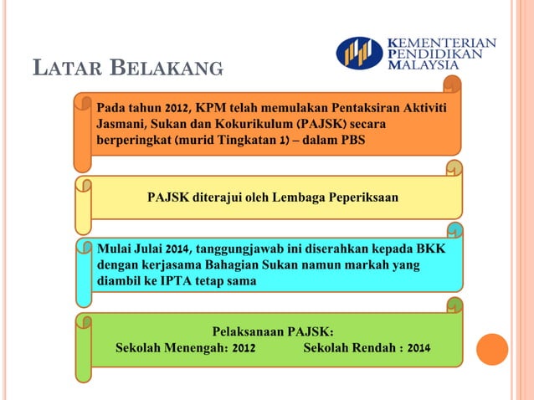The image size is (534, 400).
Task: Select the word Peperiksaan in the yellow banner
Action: click(360, 197)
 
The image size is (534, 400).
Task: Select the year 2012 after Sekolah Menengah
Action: click(244, 347)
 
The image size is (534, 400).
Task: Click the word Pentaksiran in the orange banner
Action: click(344, 108)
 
